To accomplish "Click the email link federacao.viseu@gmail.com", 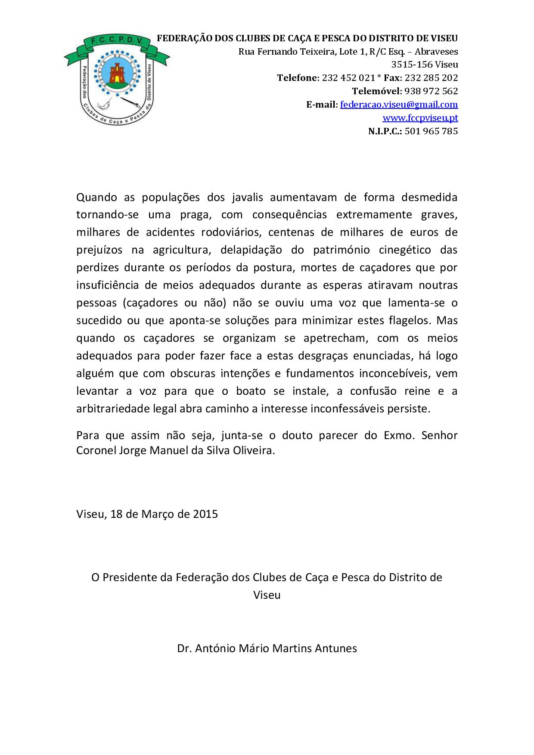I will [x=399, y=105].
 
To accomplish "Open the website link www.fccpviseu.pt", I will [x=420, y=118].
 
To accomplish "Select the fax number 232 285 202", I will [x=431, y=78].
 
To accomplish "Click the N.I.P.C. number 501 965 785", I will [x=431, y=131].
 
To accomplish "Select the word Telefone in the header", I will [x=297, y=78].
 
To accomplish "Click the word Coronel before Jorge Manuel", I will [x=96, y=451].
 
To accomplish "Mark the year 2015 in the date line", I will [x=205, y=514].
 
